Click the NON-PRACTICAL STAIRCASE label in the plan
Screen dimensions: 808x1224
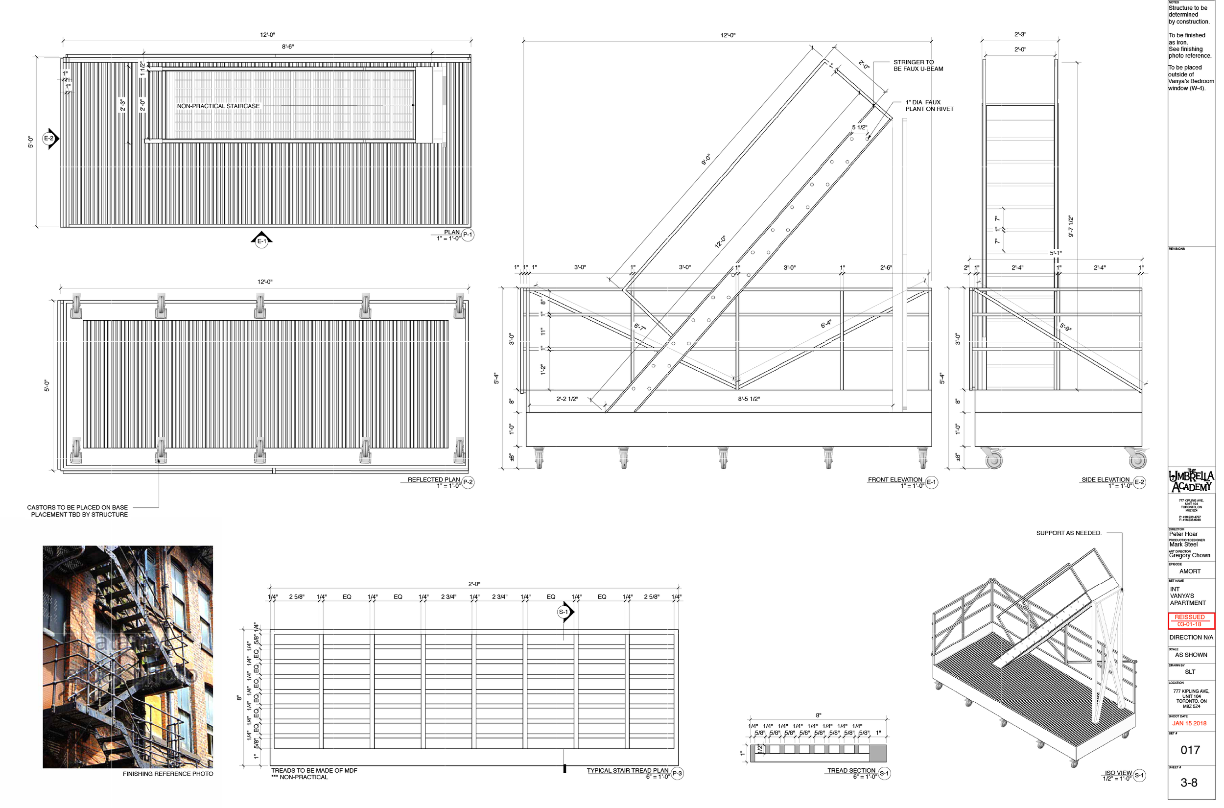pos(219,107)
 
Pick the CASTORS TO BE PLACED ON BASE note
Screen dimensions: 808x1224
pos(78,514)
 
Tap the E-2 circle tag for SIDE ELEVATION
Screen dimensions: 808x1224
pos(1146,485)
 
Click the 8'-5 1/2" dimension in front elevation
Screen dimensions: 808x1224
pos(753,402)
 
